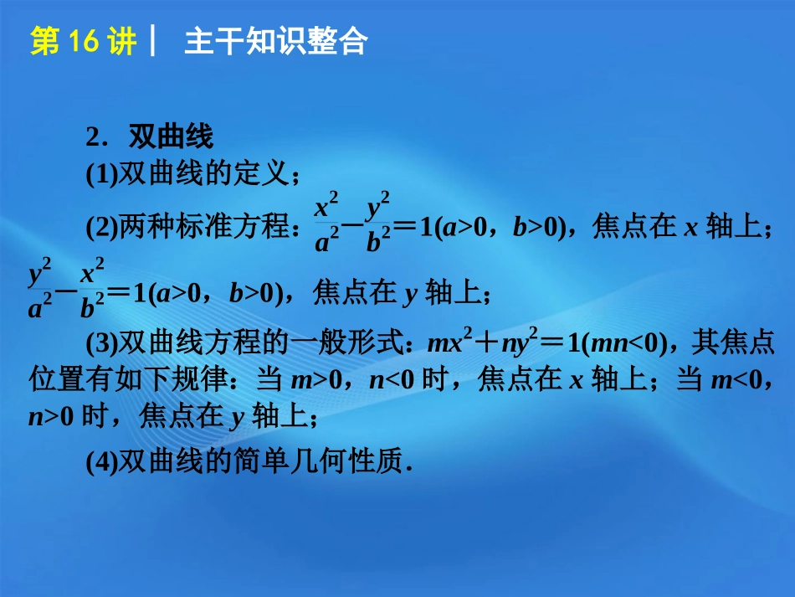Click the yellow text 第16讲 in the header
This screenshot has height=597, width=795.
(83, 42)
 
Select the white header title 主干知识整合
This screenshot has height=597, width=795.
(275, 42)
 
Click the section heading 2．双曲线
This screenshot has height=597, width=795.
(150, 136)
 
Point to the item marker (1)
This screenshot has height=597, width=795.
(102, 173)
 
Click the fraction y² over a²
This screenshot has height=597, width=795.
(40, 292)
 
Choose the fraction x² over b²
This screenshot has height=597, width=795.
(93, 291)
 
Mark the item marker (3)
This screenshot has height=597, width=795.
(102, 343)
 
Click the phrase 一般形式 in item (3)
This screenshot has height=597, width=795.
(377, 343)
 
